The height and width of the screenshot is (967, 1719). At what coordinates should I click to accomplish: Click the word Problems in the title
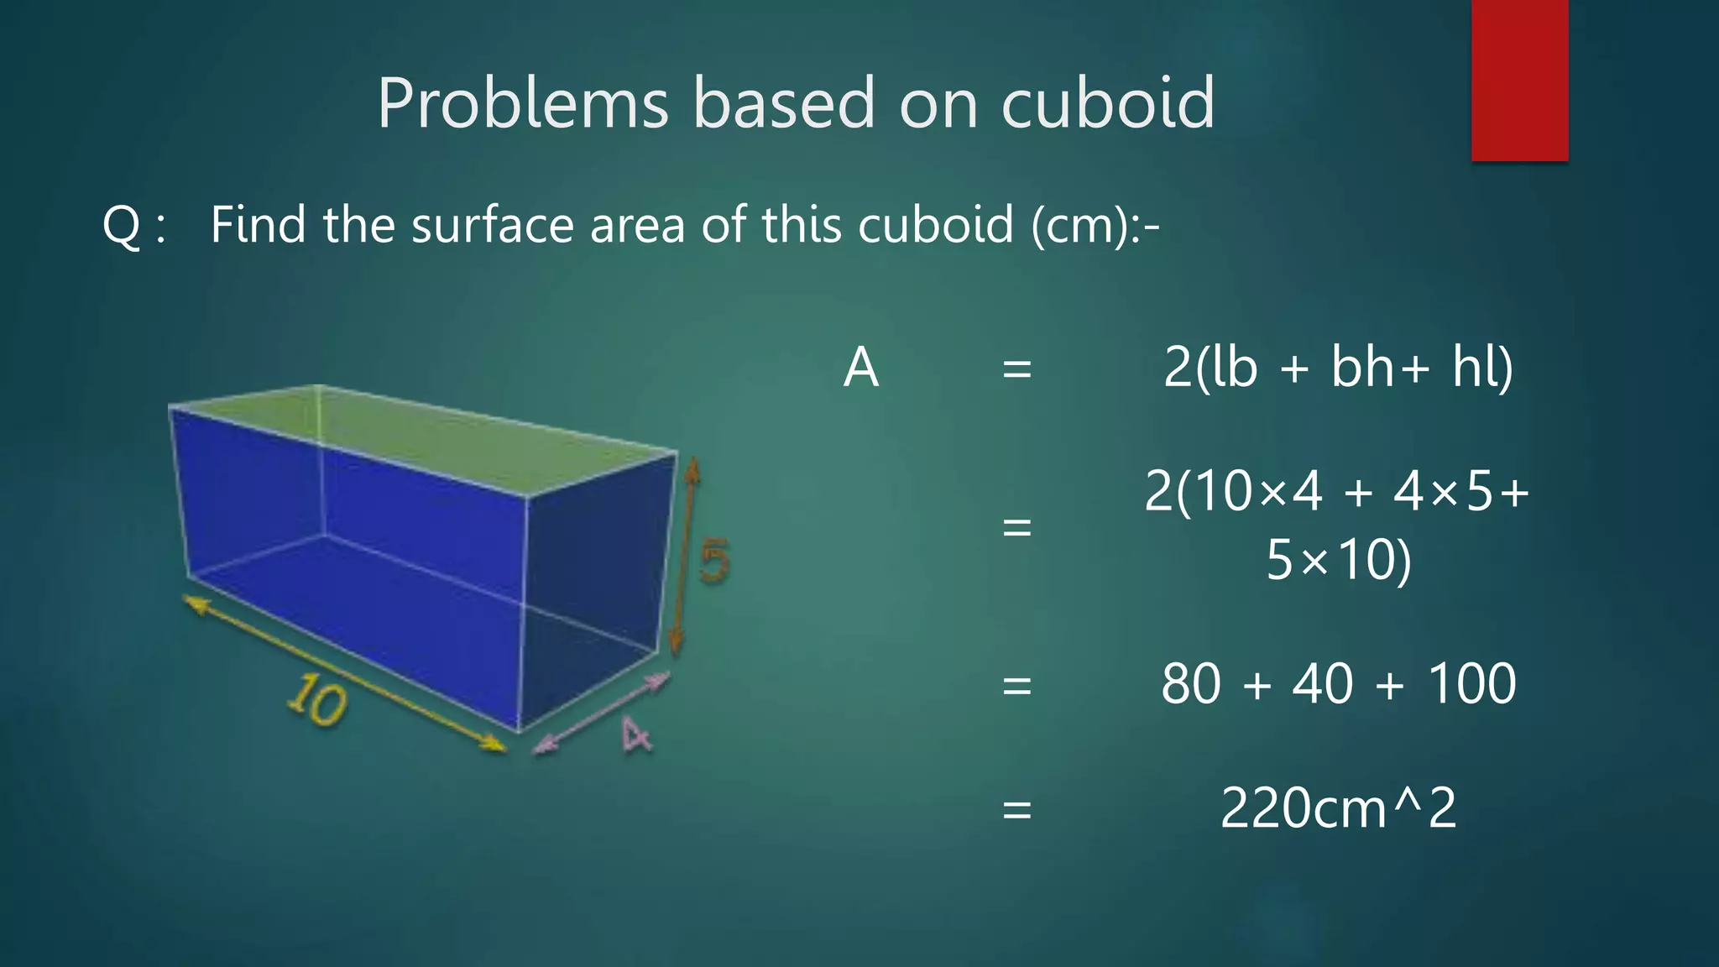coord(522,104)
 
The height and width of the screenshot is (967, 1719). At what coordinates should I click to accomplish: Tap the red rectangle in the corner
coord(1519,80)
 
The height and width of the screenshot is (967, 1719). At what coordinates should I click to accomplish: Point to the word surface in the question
coord(492,225)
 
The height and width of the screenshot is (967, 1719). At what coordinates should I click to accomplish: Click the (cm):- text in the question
coord(1095,226)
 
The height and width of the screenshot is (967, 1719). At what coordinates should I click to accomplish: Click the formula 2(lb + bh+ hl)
coord(1338,367)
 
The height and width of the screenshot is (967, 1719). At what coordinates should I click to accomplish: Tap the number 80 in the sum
coord(1190,683)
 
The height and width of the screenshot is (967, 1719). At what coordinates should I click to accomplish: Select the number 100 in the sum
coord(1471,683)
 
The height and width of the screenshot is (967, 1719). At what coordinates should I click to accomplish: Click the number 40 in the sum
coord(1322,683)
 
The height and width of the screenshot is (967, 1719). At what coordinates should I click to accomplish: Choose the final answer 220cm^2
coord(1338,808)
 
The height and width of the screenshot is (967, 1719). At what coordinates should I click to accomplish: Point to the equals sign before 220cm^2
coord(1016,810)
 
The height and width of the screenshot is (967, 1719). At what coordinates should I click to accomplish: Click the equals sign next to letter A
coord(1016,369)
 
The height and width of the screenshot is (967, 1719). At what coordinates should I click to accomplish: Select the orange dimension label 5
coord(714,561)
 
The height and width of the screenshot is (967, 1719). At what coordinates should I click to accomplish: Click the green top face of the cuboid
coord(436,436)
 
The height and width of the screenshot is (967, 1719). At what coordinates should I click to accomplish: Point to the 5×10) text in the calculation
coord(1338,560)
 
